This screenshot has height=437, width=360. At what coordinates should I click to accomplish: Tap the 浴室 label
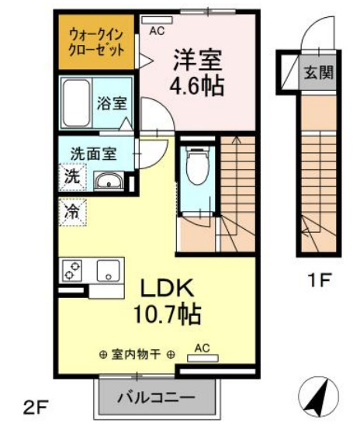(x=111, y=102)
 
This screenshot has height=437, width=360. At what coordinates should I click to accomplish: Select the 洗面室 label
(x=93, y=153)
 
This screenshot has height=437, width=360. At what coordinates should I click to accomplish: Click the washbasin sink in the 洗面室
(x=107, y=182)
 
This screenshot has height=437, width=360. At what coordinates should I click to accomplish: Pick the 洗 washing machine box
(x=71, y=176)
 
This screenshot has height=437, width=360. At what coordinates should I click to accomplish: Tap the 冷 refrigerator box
(x=72, y=211)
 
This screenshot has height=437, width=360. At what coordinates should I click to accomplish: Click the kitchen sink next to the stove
(x=105, y=271)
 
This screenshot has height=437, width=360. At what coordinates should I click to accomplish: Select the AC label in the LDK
(x=202, y=349)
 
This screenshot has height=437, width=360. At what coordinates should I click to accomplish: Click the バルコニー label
(x=156, y=399)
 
